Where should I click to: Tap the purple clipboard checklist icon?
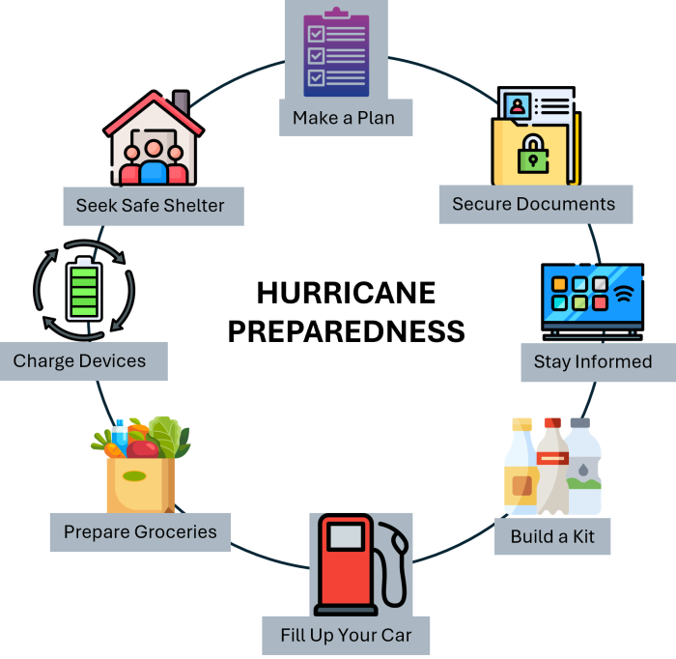pos(335,54)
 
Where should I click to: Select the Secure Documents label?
pos(534,204)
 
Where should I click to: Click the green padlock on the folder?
pos(532,155)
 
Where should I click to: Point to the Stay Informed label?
pos(593,362)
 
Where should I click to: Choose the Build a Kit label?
pos(552,535)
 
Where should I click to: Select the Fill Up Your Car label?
pos(346,635)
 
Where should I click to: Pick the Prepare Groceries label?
pos(140,531)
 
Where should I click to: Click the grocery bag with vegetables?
pos(141,469)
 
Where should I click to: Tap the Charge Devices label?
pos(80,361)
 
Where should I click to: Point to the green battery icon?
pos(84,289)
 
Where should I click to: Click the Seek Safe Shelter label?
pos(150,206)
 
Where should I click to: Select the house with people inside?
pos(154,142)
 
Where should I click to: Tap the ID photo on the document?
pos(517,104)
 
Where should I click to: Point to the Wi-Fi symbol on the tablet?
pos(625,293)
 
